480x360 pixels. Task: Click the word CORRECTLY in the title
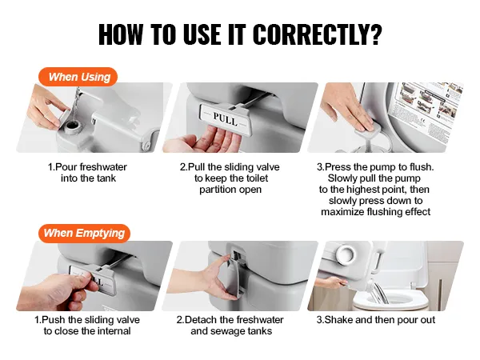coord(318,34)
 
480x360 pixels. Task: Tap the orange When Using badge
coord(78,77)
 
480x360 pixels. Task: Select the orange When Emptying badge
coord(84,234)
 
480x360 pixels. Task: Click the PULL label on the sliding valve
coord(226,118)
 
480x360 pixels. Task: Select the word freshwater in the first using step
coord(103,167)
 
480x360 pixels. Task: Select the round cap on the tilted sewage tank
coord(346,254)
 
